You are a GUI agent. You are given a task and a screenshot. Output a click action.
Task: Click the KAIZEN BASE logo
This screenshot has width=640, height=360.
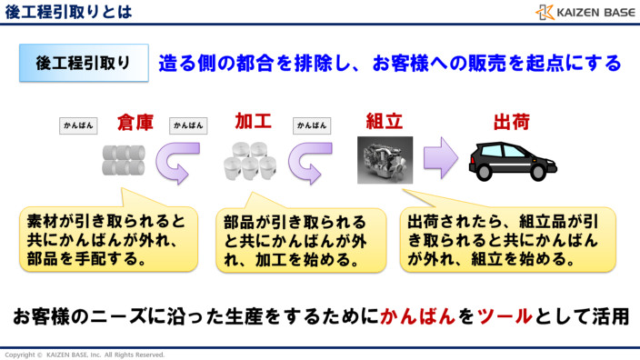[585, 12]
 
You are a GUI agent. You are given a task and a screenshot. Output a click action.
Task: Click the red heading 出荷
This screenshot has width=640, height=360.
[511, 123]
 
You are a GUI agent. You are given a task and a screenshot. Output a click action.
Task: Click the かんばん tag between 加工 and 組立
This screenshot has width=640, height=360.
[312, 125]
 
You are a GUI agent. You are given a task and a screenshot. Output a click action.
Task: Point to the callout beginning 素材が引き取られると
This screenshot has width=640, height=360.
[108, 238]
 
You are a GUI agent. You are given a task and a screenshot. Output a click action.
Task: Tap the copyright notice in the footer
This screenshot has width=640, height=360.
[85, 354]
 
